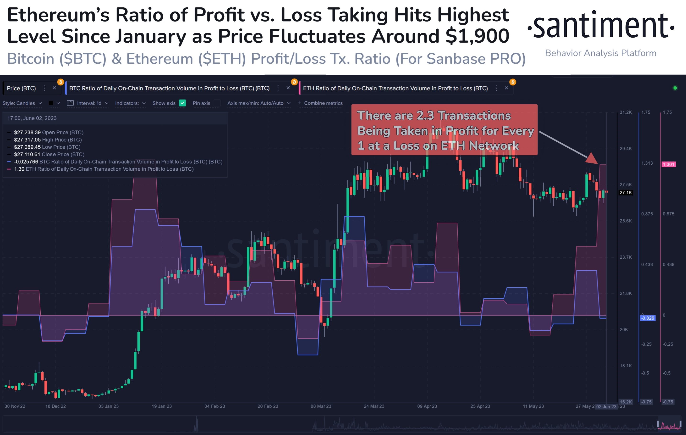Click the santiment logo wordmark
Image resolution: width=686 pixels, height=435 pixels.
click(x=601, y=26)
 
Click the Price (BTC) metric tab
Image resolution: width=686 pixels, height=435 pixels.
click(x=21, y=88)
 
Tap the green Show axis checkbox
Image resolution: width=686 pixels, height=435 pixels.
click(x=182, y=103)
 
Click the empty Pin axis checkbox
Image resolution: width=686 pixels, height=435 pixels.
click(x=217, y=103)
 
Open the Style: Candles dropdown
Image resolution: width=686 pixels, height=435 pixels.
click(x=22, y=103)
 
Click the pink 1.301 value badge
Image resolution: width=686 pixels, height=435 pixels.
click(x=668, y=164)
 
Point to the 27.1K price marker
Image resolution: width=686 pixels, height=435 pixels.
click(x=626, y=193)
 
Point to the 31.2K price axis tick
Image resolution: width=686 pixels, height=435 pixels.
click(x=626, y=112)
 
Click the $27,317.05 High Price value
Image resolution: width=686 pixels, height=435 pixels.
click(x=27, y=140)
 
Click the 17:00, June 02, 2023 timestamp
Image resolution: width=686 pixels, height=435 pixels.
click(x=32, y=118)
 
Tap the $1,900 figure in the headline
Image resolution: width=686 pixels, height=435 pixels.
click(x=477, y=36)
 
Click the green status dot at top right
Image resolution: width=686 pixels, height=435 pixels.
click(x=675, y=88)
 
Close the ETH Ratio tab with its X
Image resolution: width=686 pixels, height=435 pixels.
click(x=506, y=88)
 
